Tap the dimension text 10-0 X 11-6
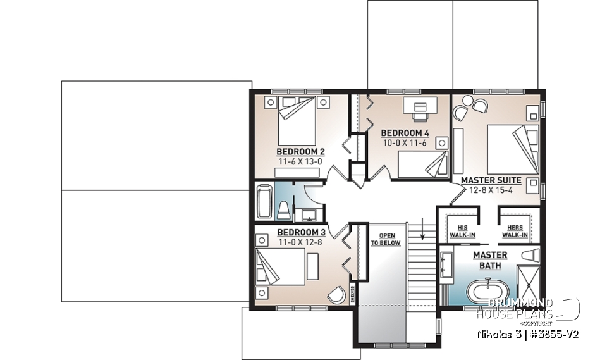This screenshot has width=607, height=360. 405,143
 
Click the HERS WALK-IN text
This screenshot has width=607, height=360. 515,231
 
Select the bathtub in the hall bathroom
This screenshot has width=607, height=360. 264,201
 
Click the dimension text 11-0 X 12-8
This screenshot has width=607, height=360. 300,240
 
